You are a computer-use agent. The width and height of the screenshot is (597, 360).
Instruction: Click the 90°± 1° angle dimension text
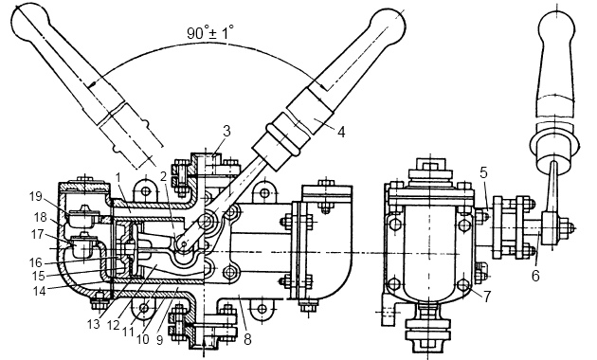(209, 32)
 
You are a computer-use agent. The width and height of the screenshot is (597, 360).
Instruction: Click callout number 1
(118, 177)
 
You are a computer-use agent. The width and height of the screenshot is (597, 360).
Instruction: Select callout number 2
(163, 177)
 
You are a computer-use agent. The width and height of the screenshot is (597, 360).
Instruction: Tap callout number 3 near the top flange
(226, 132)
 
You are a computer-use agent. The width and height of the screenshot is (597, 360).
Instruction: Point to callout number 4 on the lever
(341, 132)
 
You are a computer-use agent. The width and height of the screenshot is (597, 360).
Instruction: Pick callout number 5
(483, 172)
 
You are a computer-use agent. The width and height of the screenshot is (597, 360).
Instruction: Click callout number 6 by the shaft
(535, 276)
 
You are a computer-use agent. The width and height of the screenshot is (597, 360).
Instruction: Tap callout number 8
(247, 339)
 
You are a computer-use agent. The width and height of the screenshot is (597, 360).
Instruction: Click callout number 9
(159, 340)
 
